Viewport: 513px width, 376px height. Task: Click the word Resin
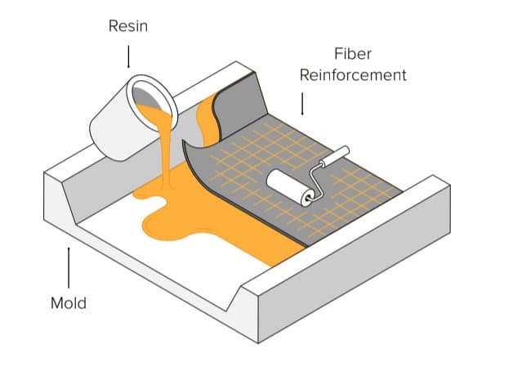[128, 26]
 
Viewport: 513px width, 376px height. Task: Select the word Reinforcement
[353, 75]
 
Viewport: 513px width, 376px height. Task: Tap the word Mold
[69, 303]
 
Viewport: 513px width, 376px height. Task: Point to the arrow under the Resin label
[128, 56]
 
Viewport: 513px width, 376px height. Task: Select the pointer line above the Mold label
[69, 265]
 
